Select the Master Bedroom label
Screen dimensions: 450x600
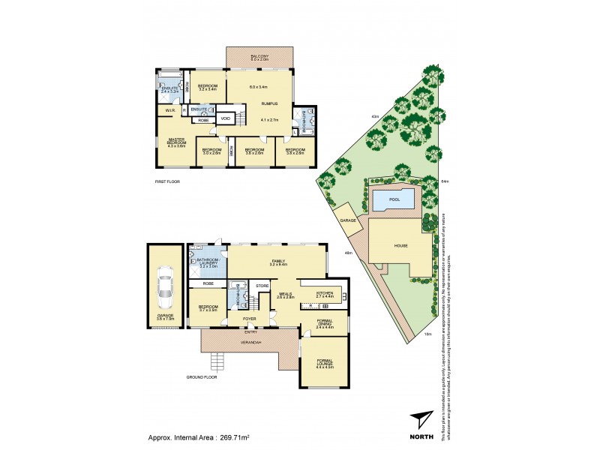(177, 142)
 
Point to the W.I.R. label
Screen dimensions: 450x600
(169, 110)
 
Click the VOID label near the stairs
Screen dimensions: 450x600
(225, 118)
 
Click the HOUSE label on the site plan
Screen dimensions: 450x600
(400, 245)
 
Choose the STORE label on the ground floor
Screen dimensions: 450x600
(262, 286)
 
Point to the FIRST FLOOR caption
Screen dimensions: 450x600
(168, 181)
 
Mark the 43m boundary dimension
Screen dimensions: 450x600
(374, 116)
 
